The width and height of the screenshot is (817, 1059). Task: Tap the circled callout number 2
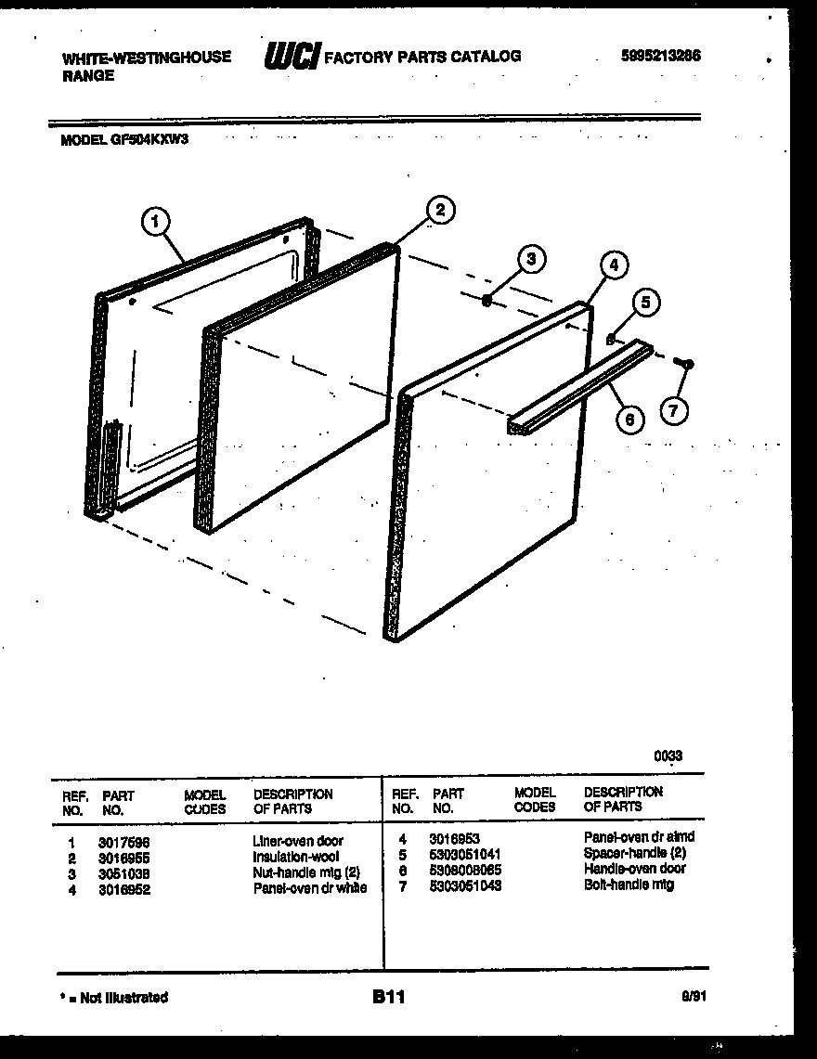click(x=439, y=210)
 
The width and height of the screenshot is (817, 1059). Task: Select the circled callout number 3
click(x=530, y=259)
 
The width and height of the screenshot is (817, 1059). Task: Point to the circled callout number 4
click(x=611, y=265)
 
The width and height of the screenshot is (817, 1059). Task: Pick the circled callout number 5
click(x=647, y=303)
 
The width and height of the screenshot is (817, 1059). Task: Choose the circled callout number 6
click(x=630, y=420)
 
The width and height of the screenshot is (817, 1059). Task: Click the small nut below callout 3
click(x=487, y=299)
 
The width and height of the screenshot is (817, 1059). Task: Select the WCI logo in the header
click(x=292, y=57)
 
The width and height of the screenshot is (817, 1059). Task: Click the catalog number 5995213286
click(x=661, y=56)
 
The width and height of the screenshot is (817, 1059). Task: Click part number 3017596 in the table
click(x=124, y=842)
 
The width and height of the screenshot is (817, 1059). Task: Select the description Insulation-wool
click(x=295, y=857)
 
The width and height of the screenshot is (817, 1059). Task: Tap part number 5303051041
click(x=465, y=853)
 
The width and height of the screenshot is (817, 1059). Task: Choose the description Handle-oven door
click(x=635, y=869)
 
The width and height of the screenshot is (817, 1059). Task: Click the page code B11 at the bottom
click(x=389, y=998)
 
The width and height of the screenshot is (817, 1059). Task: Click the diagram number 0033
click(x=668, y=756)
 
